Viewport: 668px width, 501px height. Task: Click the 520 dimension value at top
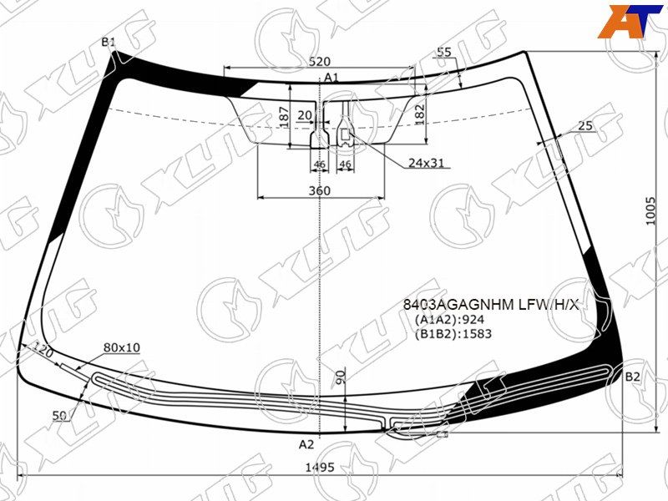tap(320, 62)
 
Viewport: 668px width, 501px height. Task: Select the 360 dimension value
tap(320, 190)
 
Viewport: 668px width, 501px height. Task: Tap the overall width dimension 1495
tap(320, 468)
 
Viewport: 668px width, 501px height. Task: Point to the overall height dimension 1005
tap(650, 211)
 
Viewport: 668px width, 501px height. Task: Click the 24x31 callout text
tap(426, 162)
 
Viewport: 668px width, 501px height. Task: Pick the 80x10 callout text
tap(122, 347)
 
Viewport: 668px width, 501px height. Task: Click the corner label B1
tap(109, 43)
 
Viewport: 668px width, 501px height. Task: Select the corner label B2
tap(633, 377)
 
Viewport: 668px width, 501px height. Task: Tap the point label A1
tap(331, 77)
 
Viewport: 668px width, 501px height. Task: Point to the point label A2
tap(306, 444)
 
